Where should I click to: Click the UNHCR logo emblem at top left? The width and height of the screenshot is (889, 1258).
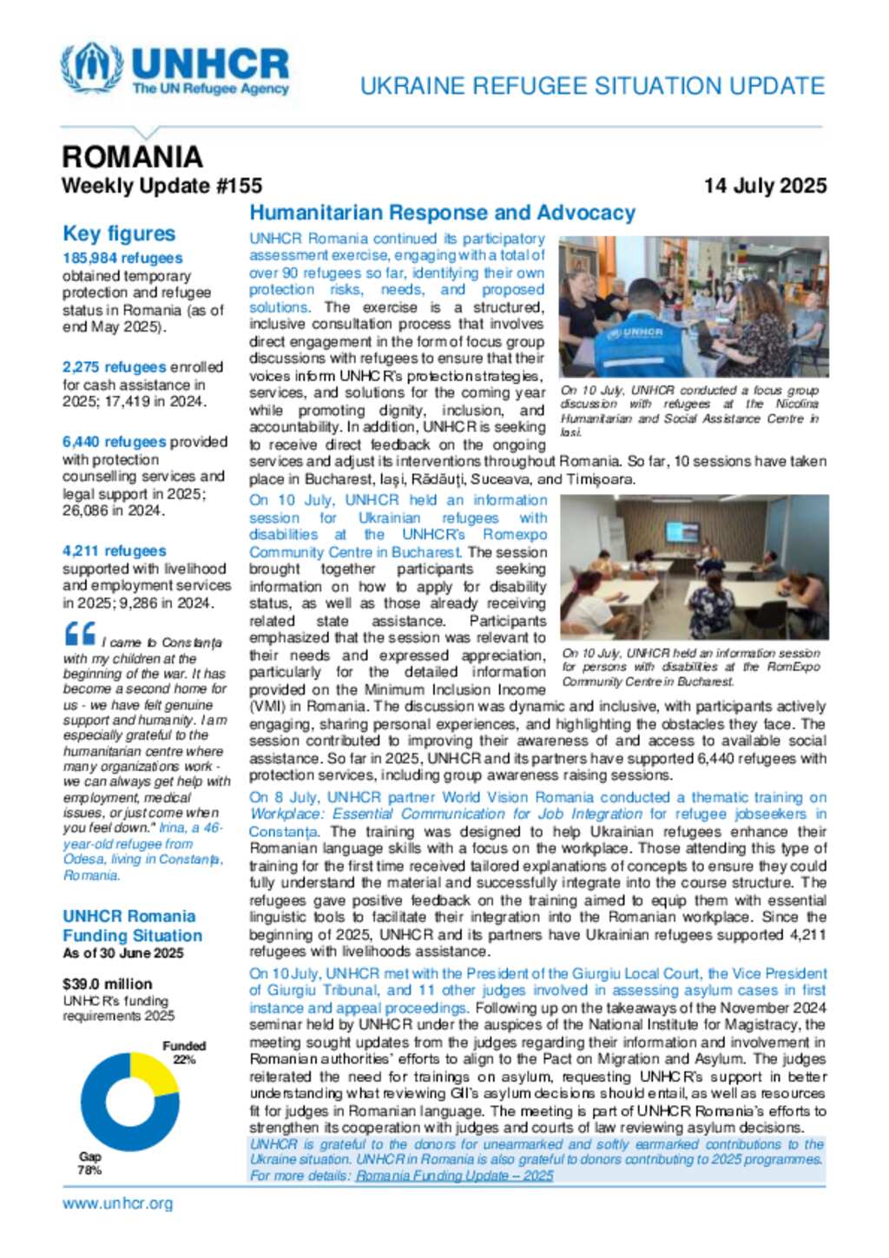point(91,67)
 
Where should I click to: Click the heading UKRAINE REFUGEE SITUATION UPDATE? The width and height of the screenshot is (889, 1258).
point(592,86)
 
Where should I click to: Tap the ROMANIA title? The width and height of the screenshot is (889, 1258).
point(132,157)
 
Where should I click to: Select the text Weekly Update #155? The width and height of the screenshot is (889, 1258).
point(161,186)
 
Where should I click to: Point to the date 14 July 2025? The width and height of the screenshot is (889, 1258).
point(765,186)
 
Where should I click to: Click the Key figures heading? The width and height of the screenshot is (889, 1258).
point(119,234)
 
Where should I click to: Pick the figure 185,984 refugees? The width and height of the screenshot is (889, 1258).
point(122,258)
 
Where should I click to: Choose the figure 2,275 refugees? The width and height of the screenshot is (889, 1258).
point(114,367)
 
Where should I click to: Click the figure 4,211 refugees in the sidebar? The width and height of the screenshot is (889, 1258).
point(114,550)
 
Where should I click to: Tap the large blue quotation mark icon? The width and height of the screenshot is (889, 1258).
point(80,634)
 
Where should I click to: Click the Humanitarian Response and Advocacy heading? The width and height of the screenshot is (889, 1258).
point(442,213)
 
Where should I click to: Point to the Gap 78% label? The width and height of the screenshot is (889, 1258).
point(89,1162)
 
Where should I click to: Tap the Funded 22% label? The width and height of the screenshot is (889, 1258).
point(184,1052)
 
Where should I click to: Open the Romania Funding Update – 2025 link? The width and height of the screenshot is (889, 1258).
point(454,1176)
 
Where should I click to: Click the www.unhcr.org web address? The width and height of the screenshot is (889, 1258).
point(117,1203)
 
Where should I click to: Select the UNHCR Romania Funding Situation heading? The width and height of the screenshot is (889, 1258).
point(132,925)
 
